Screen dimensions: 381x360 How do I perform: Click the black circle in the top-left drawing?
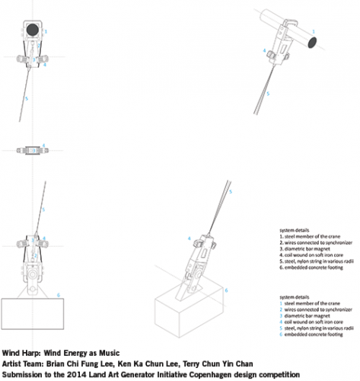[32, 30]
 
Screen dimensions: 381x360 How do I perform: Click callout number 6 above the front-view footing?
[58, 294]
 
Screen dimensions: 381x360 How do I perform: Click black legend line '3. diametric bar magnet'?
[305, 248]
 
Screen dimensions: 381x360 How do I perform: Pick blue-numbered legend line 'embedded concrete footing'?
[311, 334]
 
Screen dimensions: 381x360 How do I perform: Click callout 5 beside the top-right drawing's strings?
[267, 93]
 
